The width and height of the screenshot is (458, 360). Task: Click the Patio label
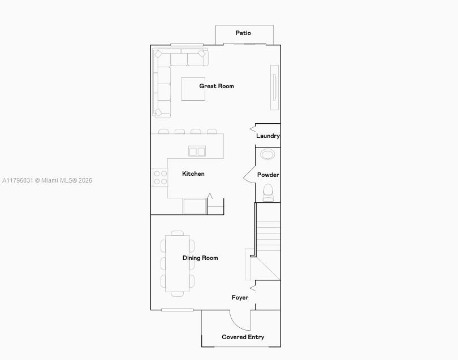[x=243, y=33]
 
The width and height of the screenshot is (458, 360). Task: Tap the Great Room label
[x=217, y=86]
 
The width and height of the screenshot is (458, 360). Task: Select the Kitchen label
[x=193, y=174]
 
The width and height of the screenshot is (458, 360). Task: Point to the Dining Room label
[x=200, y=258]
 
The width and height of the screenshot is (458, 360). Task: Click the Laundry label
[x=268, y=136]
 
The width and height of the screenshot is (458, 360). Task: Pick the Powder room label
[x=268, y=175]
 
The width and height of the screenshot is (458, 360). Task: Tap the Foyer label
[x=240, y=297]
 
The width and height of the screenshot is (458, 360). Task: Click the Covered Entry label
[x=243, y=337]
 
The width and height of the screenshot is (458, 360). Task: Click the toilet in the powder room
[x=268, y=193]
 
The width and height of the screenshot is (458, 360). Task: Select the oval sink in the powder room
[x=267, y=154]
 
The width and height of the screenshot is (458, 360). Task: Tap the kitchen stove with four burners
[x=160, y=177]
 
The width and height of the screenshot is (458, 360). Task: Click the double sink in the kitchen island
[x=197, y=151]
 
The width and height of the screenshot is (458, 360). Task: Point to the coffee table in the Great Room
[x=193, y=89]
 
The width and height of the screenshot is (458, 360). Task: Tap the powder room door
[x=249, y=175]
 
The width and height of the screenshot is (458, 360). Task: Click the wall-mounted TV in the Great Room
[x=275, y=87]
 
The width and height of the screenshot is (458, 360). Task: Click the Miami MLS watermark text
[x=47, y=180]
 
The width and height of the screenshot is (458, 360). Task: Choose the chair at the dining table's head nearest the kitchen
[x=178, y=233]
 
